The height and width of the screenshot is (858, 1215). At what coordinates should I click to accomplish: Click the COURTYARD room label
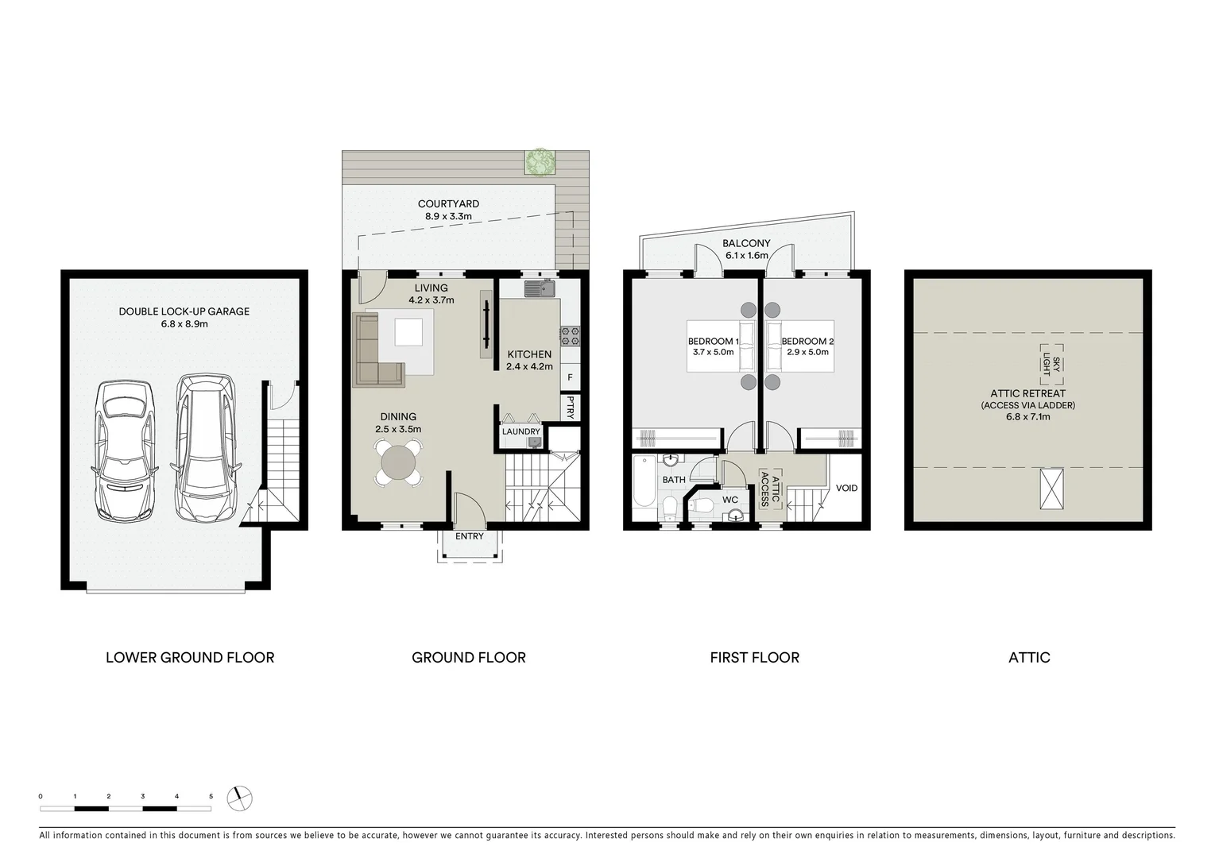448,204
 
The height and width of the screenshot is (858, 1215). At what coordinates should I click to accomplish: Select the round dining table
398,461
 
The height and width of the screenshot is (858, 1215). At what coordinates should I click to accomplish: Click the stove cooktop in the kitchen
570,336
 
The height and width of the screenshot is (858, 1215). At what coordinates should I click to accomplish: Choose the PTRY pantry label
571,408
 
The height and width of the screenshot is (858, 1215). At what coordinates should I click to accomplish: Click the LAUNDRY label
520,432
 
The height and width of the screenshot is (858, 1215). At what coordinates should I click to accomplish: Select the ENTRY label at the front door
469,536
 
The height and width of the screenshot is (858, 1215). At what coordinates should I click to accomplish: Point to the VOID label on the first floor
846,488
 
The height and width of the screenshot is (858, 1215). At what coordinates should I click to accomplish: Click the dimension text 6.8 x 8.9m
184,324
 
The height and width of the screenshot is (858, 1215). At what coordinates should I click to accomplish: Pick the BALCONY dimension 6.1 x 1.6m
746,256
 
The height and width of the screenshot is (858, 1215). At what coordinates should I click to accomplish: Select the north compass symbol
238,797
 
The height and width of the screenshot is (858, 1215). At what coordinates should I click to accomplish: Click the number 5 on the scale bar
211,796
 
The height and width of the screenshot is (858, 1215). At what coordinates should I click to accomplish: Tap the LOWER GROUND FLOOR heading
190,658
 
